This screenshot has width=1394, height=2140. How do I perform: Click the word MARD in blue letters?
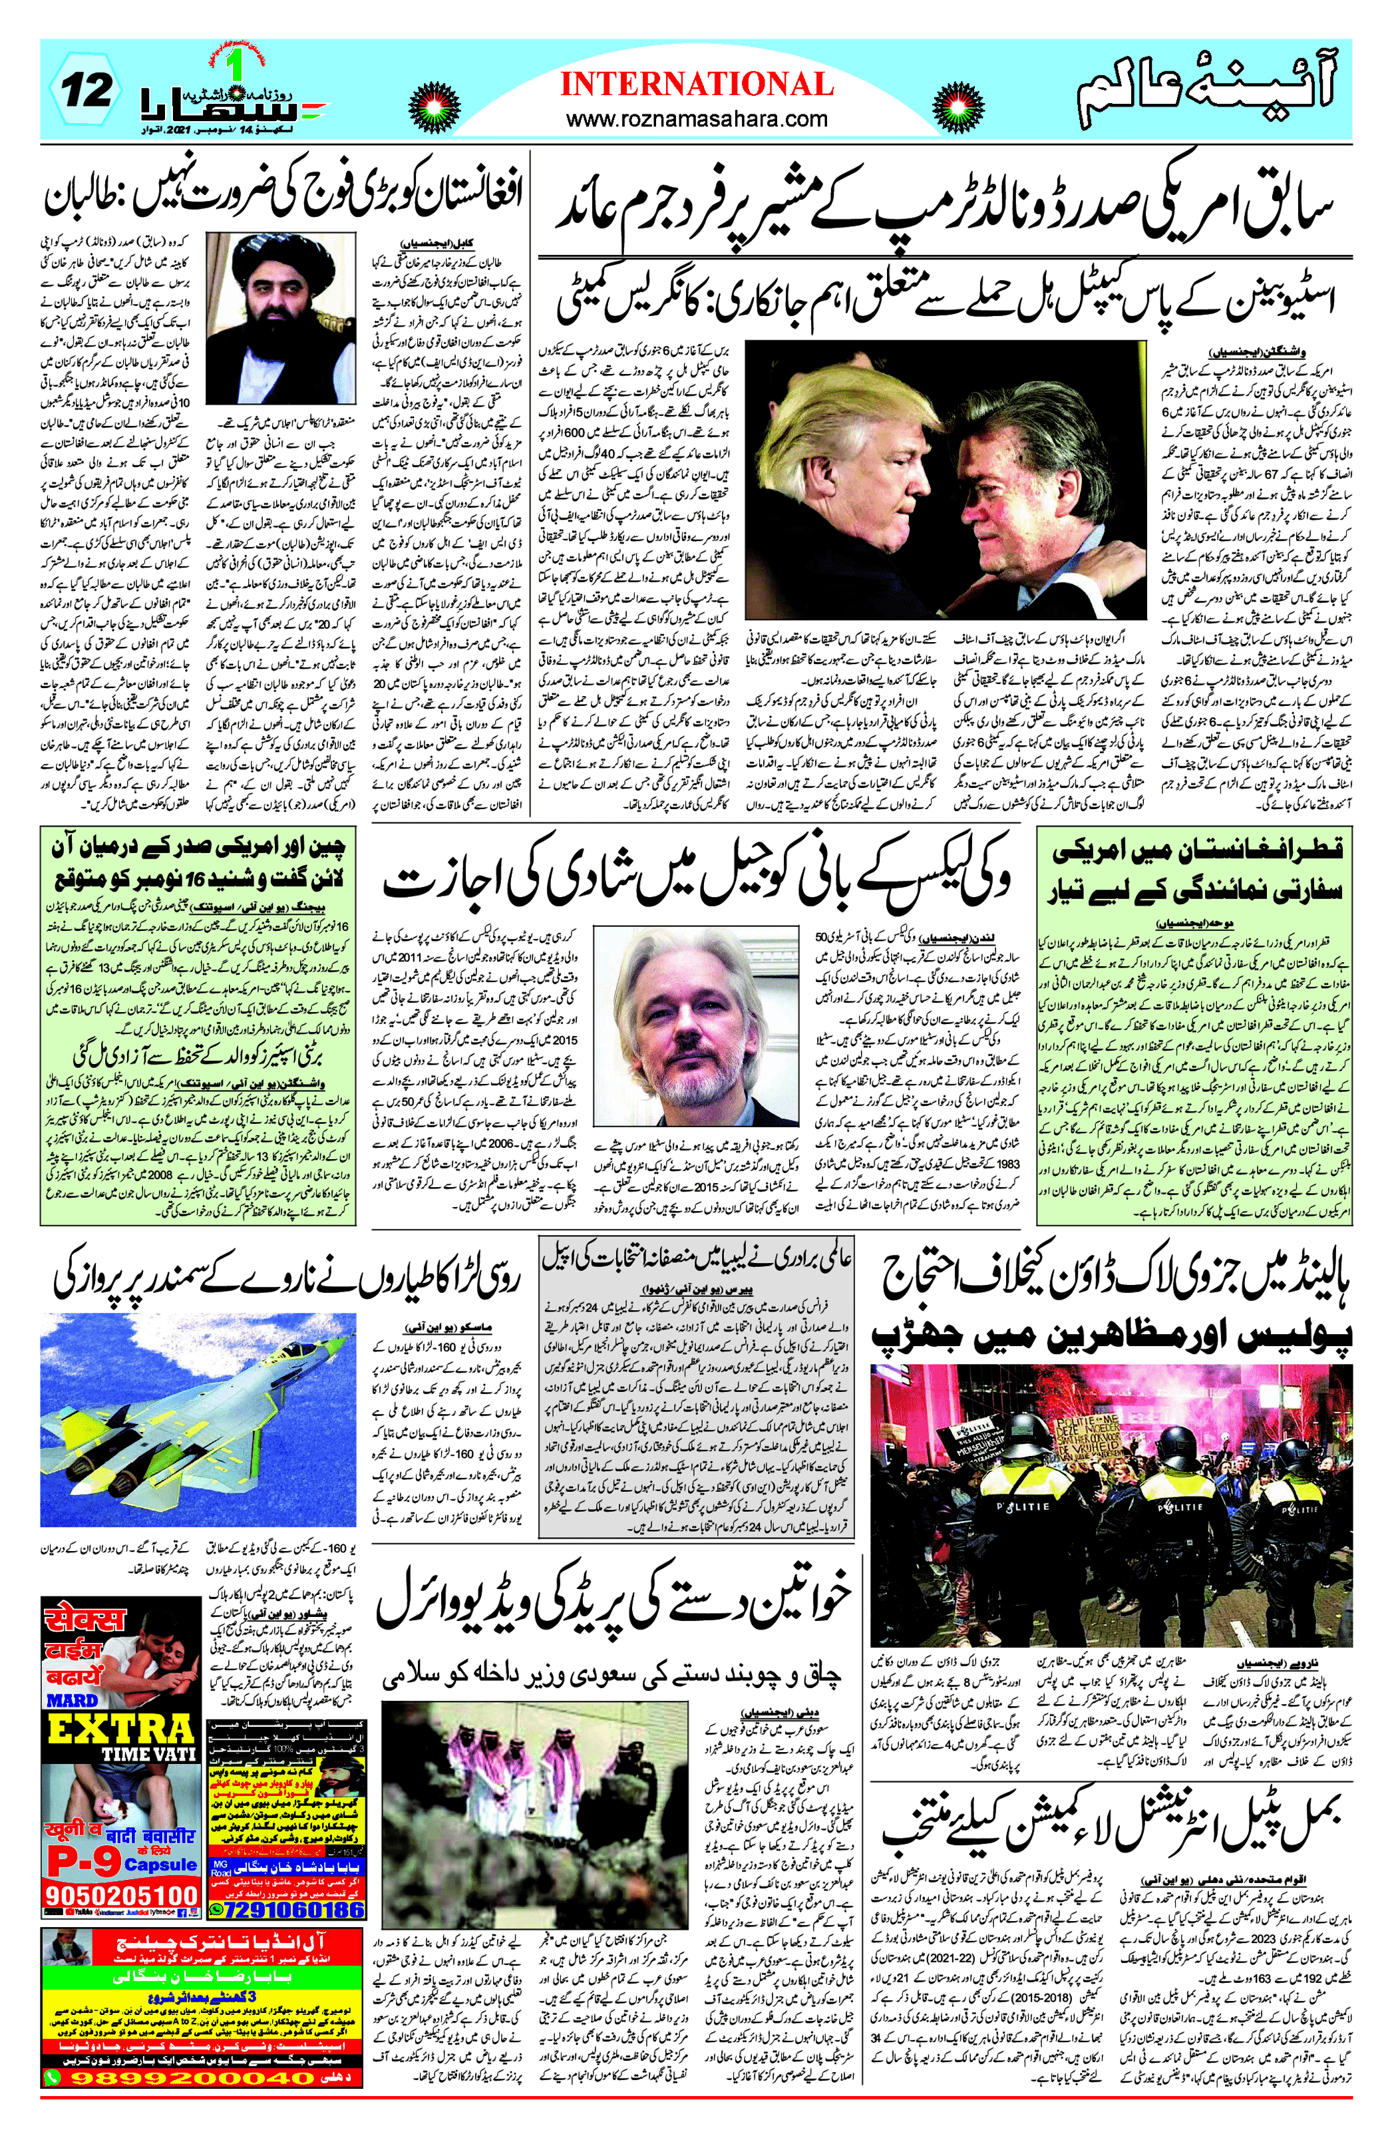(72, 1700)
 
